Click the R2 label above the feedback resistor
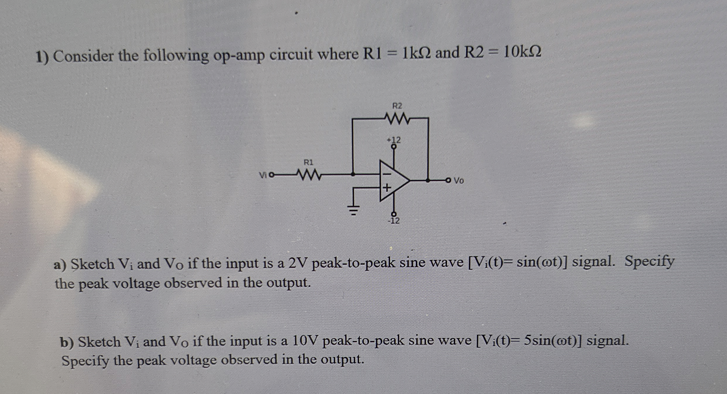pos(397,106)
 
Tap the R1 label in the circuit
pos(308,162)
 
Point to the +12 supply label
pos(394,140)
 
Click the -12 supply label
pos(394,221)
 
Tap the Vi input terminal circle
pos(272,175)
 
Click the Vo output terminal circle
pos(448,180)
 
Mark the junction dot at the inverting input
pos(353,174)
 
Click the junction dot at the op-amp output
pos(428,180)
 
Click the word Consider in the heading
pos(83,56)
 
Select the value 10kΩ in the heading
pos(522,53)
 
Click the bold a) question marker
pos(60,265)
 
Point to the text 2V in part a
pos(298,263)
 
